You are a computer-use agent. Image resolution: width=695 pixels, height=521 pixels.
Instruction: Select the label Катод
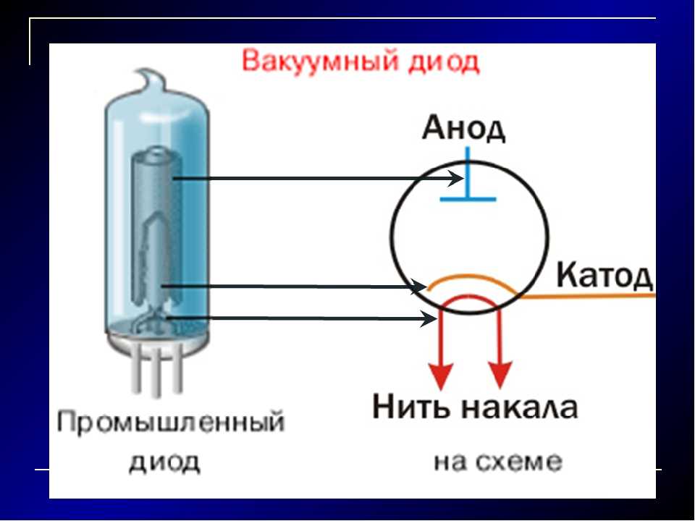coord(605,275)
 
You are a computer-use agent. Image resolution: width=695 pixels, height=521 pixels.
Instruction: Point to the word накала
coord(520,407)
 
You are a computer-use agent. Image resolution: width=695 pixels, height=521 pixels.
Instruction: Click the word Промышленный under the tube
coord(171,422)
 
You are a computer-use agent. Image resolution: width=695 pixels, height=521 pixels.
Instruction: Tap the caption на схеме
coord(498,462)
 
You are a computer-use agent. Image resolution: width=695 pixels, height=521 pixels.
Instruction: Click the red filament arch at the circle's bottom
coord(471,297)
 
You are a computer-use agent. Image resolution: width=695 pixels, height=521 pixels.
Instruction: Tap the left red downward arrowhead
coord(441,375)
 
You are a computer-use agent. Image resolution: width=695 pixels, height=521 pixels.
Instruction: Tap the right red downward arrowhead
coord(501,375)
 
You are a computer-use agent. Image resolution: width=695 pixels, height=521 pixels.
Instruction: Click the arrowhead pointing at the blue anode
coord(455,179)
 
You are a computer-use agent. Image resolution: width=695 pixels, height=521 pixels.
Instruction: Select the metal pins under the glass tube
coord(157,370)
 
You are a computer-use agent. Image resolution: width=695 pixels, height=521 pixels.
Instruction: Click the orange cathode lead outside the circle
coord(586,296)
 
